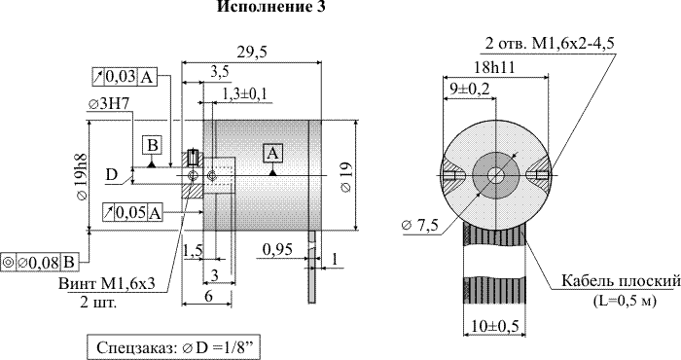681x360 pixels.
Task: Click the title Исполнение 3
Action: pyautogui.click(x=270, y=7)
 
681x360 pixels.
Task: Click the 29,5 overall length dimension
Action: pyautogui.click(x=252, y=53)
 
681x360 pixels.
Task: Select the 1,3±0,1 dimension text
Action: pyautogui.click(x=244, y=93)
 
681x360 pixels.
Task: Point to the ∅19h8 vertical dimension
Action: pyautogui.click(x=81, y=177)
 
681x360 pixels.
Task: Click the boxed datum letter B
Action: pyautogui.click(x=152, y=145)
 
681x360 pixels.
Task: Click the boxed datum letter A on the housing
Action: pyautogui.click(x=272, y=154)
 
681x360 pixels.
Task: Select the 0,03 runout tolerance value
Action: pyautogui.click(x=121, y=77)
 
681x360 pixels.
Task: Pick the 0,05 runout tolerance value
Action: pyautogui.click(x=131, y=213)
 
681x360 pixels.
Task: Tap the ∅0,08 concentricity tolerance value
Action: pyautogui.click(x=38, y=263)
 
